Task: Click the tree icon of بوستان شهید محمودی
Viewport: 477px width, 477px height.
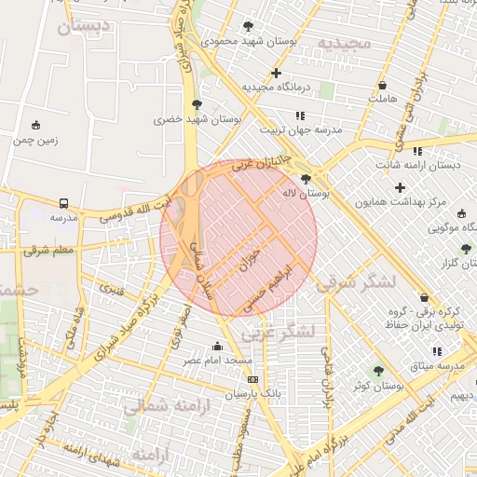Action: pos(248,26)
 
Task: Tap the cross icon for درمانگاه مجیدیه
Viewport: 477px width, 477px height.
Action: pos(276,73)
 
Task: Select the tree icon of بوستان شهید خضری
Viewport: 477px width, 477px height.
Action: pos(196,104)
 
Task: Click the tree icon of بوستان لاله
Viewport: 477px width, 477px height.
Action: pos(306,179)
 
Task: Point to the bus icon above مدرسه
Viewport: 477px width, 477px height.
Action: pos(63,203)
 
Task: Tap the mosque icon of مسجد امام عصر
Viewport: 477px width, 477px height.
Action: pos(218,347)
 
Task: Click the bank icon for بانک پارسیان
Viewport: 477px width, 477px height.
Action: pos(252,380)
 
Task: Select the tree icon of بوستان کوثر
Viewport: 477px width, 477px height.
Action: pos(378,371)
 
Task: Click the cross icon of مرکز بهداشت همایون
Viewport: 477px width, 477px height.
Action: pos(401,188)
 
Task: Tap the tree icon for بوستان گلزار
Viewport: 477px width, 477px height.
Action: pos(466,248)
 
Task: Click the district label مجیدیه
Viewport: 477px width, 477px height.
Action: pos(344,44)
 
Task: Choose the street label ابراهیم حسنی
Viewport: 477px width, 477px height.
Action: pos(269,286)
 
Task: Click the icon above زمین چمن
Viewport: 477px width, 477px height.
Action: pos(35,126)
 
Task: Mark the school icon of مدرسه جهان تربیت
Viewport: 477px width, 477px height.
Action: pos(299,116)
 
